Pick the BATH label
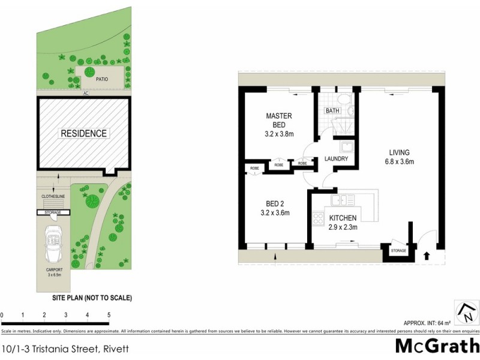point(332,111)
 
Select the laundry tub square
point(346,148)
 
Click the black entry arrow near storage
point(427,255)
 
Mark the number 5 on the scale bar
point(109,314)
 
